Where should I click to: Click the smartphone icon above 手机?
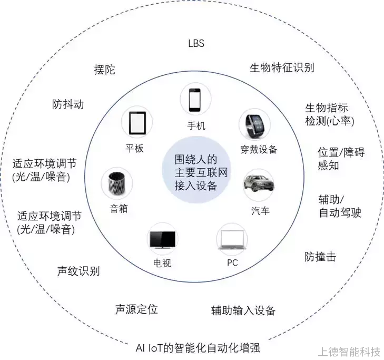coord(195,100)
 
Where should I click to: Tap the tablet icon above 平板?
coord(137,123)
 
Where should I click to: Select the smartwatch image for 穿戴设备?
coord(255,125)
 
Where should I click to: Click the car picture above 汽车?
coord(259,184)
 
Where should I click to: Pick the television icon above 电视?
coord(162,240)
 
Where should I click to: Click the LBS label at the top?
coord(196,43)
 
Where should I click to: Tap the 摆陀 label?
coord(105,70)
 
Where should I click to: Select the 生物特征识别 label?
coord(282,67)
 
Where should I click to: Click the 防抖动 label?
coord(68,104)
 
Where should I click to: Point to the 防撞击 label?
coord(320,257)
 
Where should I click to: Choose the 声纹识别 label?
coord(78,271)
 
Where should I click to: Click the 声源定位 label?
coord(136,309)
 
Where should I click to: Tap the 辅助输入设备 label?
coord(243,310)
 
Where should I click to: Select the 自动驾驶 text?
coord(340,212)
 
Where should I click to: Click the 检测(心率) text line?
coord(330,121)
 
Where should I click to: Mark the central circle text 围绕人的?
coord(196,160)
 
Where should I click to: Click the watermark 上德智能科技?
coord(349,352)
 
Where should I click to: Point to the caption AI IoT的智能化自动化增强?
coord(198,347)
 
